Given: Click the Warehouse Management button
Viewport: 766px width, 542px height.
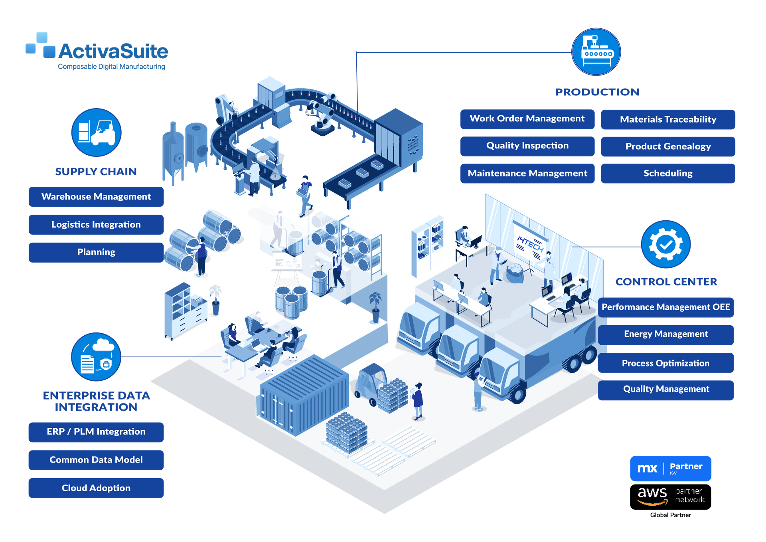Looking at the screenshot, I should (96, 197).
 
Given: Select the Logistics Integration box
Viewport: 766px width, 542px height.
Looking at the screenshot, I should (96, 225).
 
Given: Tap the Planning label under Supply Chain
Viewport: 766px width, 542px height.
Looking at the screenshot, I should (96, 252).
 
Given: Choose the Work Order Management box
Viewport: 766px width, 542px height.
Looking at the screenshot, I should (527, 119).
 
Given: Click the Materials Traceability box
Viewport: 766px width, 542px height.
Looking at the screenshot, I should (668, 119).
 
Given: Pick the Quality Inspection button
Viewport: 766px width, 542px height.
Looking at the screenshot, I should (527, 146).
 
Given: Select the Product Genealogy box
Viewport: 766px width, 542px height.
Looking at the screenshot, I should (668, 146).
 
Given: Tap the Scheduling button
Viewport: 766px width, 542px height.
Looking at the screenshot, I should (668, 173).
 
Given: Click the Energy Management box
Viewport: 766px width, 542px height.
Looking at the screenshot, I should (666, 334).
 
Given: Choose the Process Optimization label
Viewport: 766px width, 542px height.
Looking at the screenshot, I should (666, 363).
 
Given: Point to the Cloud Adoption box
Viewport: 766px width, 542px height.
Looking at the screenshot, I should (96, 488).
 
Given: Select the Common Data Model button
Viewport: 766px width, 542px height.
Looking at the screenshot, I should (96, 460).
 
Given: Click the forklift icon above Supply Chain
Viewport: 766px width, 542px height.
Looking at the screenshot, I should (96, 132).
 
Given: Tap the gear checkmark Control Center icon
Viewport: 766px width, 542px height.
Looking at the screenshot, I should (665, 244).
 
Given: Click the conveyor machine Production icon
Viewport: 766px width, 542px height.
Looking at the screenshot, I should (596, 51).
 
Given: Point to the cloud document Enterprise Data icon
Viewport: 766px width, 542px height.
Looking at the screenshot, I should (96, 356).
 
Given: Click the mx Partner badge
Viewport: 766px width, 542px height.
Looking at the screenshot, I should (670, 468).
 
